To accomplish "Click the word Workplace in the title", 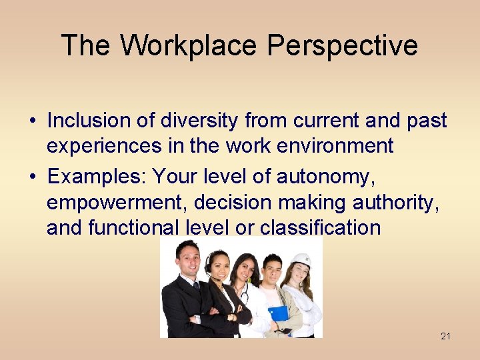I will pos(189,45).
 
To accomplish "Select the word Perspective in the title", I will pos(343,45).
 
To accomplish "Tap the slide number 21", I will pos(445,336).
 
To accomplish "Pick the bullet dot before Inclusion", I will pos(33,121).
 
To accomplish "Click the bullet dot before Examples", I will pos(33,177).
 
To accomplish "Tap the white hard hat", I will pos(302,259).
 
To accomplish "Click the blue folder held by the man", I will pos(278,312).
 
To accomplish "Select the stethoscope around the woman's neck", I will pos(244,293).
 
